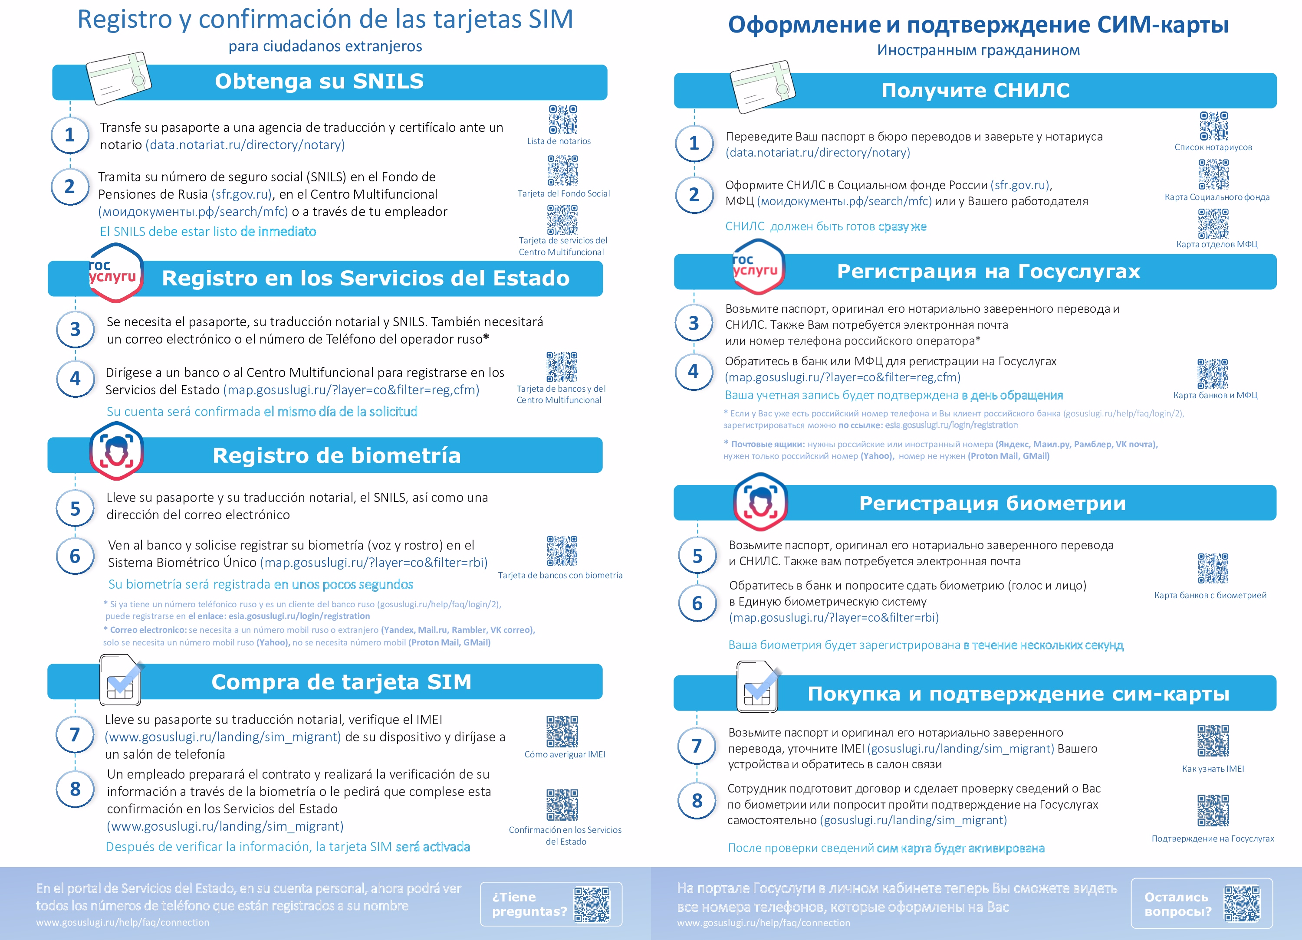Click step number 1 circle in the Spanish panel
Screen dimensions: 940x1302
(70, 135)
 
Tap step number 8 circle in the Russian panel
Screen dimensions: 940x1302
(697, 801)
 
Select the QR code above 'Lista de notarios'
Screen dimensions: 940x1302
(562, 119)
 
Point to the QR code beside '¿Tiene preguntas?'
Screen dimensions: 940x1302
(592, 904)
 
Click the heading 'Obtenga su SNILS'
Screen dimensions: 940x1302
(319, 82)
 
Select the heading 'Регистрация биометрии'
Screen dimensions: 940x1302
(992, 503)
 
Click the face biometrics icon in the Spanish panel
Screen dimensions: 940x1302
(117, 451)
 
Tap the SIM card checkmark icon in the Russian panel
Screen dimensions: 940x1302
(758, 688)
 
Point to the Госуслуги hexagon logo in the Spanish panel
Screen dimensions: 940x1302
(115, 272)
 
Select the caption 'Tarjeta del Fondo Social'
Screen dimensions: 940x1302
(563, 193)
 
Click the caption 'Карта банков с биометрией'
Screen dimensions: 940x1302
(1210, 595)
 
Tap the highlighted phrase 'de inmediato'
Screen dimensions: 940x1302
(279, 231)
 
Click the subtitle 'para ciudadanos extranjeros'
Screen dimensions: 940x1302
(325, 46)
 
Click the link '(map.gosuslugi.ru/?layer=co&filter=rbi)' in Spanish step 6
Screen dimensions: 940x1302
(374, 562)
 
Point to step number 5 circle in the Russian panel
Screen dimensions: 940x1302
(697, 556)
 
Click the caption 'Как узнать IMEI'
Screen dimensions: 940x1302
(1213, 768)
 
